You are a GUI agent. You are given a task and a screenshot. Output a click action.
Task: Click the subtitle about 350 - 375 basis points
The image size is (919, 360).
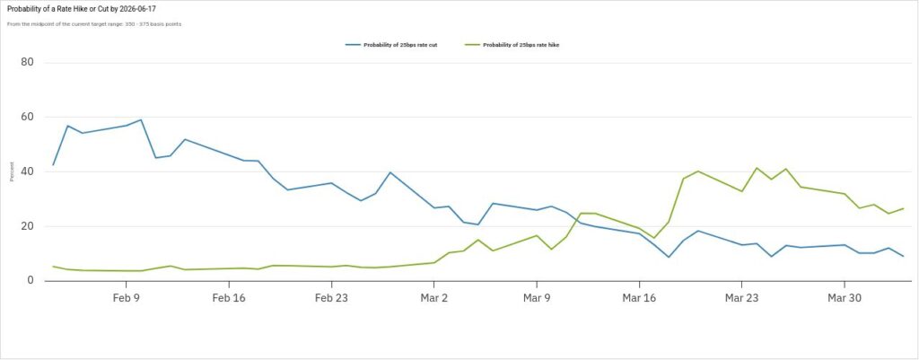[94, 23]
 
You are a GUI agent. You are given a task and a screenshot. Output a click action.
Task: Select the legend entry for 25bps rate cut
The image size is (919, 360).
[398, 45]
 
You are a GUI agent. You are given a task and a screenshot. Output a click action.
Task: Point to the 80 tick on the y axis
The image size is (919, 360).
[28, 63]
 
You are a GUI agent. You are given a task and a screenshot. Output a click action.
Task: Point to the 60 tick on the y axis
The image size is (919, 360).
[28, 118]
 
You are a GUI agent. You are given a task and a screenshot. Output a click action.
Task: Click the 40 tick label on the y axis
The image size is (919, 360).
[28, 172]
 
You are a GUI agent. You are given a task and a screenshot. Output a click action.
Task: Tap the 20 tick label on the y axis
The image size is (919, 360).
[28, 226]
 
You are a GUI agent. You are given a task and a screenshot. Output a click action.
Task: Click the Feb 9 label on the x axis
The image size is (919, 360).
[127, 297]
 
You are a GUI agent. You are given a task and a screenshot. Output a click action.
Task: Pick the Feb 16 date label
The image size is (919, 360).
[229, 297]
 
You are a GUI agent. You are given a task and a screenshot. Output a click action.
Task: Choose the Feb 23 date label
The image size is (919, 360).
[331, 297]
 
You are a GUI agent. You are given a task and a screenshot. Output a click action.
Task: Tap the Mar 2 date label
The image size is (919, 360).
[434, 297]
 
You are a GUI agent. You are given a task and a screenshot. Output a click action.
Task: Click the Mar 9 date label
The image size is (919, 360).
[537, 297]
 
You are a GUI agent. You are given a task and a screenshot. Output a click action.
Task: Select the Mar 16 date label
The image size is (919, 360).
[639, 297]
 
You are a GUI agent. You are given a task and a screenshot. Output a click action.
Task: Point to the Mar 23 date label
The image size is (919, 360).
[741, 297]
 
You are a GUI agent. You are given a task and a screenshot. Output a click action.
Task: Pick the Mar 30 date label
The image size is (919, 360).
[845, 297]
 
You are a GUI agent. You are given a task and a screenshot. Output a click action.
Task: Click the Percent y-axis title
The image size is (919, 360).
[12, 171]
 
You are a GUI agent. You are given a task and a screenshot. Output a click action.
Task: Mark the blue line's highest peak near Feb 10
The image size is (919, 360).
[141, 119]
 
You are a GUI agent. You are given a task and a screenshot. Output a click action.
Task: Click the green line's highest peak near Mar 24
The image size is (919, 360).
[757, 168]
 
